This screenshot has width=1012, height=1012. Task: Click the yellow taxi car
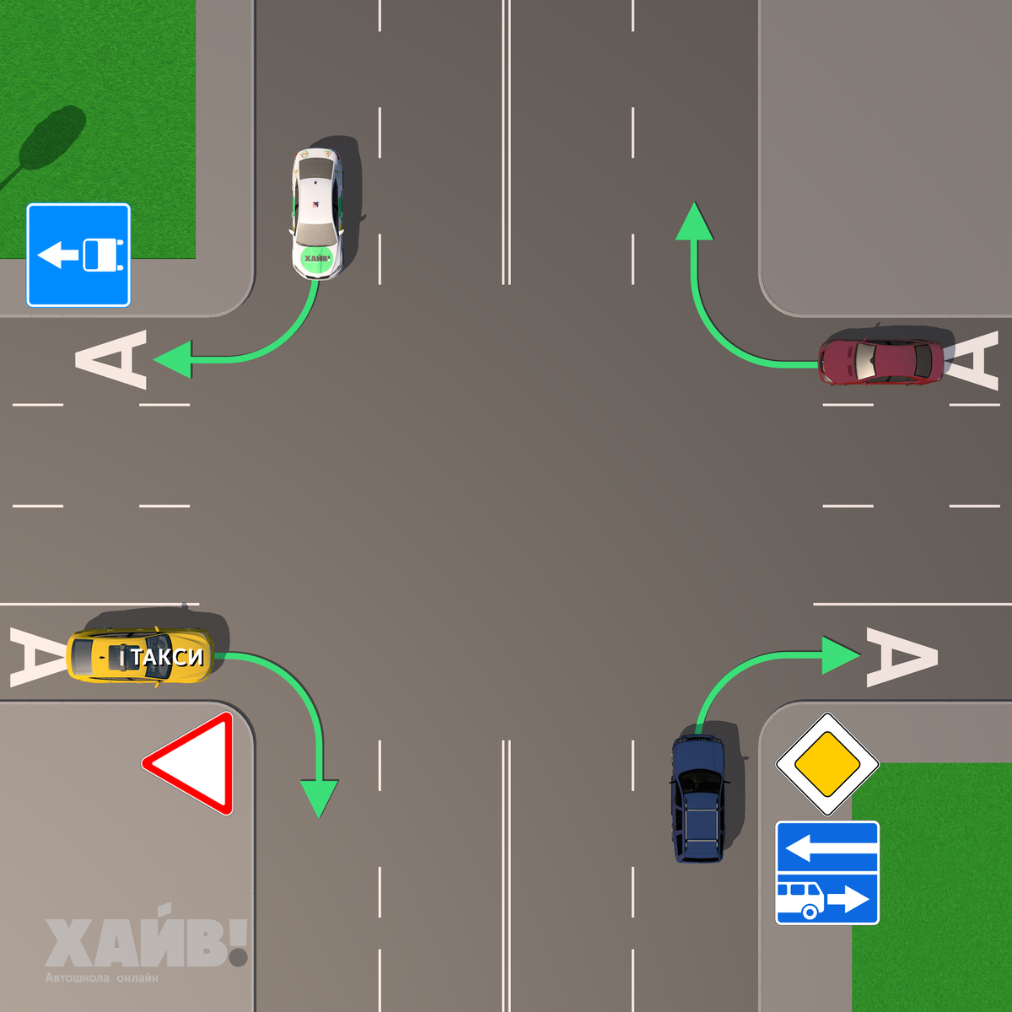point(139,656)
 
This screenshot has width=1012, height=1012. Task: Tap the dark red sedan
point(881,361)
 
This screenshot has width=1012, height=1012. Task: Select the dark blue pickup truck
point(698,798)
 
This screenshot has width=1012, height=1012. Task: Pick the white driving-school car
point(318,213)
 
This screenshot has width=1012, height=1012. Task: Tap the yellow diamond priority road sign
point(827,764)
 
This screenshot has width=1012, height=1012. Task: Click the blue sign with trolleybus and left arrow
point(78,254)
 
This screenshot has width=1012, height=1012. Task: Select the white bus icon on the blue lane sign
point(799,899)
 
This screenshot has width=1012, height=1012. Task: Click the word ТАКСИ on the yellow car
point(167,657)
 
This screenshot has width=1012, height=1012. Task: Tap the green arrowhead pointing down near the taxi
point(320,797)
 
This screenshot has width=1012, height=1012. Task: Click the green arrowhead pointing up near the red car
point(694,222)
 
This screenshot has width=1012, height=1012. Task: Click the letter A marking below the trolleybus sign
point(113,360)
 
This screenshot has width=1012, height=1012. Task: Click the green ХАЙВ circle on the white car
point(317,258)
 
